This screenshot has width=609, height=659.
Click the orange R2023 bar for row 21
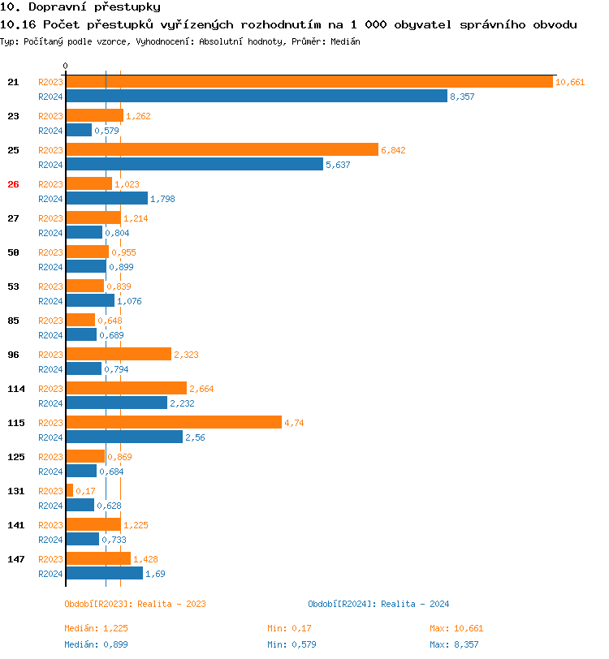(x=309, y=82)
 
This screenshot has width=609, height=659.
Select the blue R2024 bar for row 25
(x=194, y=165)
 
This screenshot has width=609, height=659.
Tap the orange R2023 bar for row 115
(x=173, y=423)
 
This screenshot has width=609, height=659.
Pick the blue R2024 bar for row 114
(x=116, y=403)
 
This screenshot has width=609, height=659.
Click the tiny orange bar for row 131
(x=69, y=491)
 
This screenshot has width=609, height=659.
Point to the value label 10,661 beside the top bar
(x=570, y=82)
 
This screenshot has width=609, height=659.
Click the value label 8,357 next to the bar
(x=462, y=97)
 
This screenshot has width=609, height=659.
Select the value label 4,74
(x=295, y=423)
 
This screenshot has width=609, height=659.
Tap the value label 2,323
(x=186, y=355)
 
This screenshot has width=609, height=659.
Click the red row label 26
(x=13, y=184)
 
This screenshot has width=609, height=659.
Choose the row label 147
(x=16, y=559)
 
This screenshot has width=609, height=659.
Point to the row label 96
(x=13, y=355)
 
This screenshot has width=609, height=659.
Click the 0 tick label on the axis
(x=65, y=66)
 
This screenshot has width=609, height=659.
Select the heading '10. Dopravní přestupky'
(x=69, y=7)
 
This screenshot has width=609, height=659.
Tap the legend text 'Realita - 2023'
(x=172, y=604)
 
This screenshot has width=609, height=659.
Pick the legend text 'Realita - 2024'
(x=416, y=604)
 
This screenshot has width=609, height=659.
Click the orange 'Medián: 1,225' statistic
(x=97, y=628)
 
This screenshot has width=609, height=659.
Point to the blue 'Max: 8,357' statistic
(x=455, y=644)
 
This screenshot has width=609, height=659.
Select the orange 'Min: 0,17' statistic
(x=290, y=628)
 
